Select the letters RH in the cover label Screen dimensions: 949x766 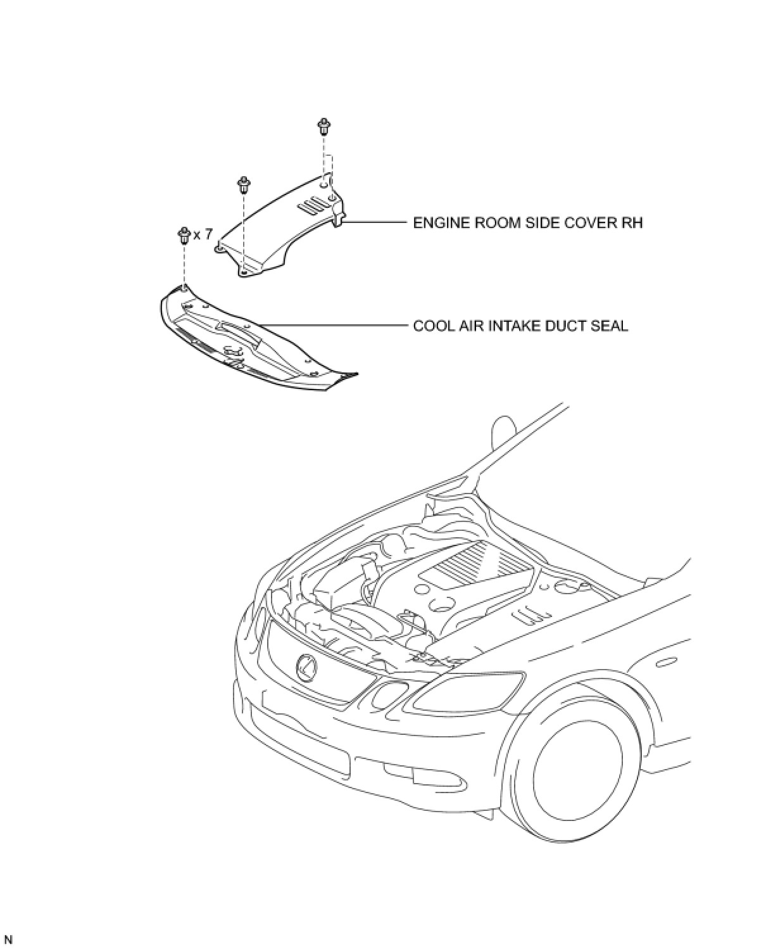click(x=632, y=223)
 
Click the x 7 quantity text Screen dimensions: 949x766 click(x=203, y=235)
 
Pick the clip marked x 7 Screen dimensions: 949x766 click(x=185, y=235)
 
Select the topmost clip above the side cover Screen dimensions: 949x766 click(x=324, y=126)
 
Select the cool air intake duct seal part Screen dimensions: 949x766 click(x=253, y=339)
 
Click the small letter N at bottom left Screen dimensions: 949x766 click(x=8, y=939)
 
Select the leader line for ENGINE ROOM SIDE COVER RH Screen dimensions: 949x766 click(x=374, y=222)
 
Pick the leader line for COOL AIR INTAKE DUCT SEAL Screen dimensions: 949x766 click(x=336, y=326)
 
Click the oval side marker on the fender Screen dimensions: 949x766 click(x=666, y=663)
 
